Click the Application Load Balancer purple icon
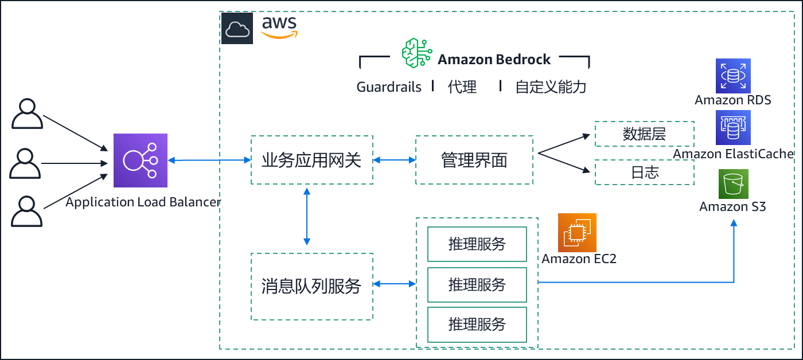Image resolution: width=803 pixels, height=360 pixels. (x=141, y=161)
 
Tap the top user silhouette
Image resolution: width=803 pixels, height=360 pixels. (x=28, y=114)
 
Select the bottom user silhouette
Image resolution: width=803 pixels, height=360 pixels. (x=27, y=212)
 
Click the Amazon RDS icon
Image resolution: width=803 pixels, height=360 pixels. (x=733, y=76)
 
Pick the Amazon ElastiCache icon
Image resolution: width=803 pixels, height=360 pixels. (x=733, y=127)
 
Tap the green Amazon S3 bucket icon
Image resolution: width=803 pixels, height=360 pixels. (x=734, y=184)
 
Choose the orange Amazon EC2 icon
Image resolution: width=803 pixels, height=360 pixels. (x=577, y=233)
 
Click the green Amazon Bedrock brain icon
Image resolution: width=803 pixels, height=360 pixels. (x=417, y=53)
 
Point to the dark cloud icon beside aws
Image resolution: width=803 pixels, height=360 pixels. (x=237, y=28)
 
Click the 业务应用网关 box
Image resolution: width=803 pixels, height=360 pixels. (x=312, y=160)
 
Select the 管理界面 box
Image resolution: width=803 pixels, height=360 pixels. (x=474, y=160)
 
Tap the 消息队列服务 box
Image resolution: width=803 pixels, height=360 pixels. (x=312, y=287)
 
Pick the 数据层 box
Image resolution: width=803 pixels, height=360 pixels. (x=645, y=134)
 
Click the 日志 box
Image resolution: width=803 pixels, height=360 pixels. (x=645, y=173)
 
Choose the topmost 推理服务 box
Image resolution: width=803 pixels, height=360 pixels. (x=477, y=244)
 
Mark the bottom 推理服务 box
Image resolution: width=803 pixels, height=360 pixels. (x=477, y=324)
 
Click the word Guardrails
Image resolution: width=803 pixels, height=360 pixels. (x=389, y=87)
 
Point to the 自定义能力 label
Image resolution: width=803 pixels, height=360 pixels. (x=551, y=87)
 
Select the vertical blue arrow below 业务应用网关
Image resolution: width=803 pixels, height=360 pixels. (x=307, y=217)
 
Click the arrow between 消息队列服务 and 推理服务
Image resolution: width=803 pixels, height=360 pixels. (x=395, y=284)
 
